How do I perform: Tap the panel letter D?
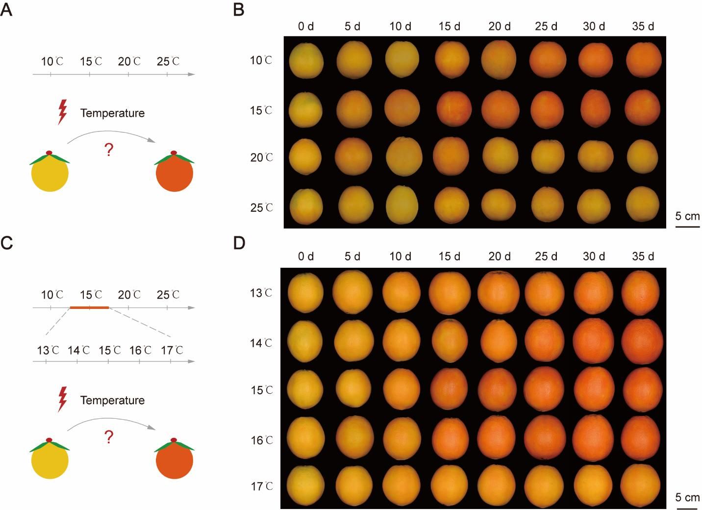239,243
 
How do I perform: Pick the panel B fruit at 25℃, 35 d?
642,204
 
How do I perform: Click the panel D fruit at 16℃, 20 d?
499,438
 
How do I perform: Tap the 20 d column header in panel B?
499,26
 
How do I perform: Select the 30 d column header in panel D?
594,256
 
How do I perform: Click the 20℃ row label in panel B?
262,158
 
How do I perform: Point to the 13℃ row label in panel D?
262,293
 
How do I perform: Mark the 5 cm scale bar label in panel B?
687,216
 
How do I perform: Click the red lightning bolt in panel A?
62,112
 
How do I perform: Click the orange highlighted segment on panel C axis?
89,307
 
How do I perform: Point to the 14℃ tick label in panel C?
78,351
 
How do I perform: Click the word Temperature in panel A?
112,113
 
